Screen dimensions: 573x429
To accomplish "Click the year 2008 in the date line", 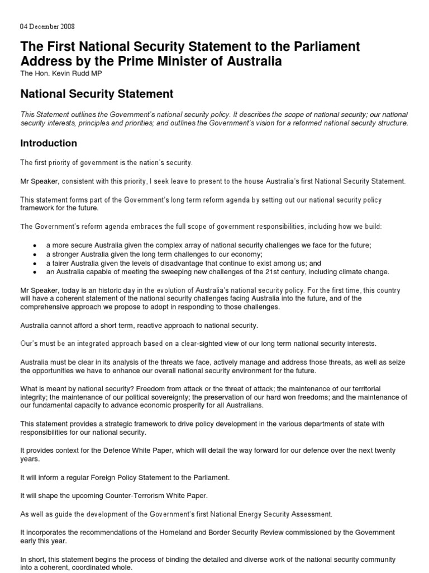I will click(66, 26).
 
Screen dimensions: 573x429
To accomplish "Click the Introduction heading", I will click(49, 143).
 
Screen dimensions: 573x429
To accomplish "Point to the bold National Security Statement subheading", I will click(97, 93).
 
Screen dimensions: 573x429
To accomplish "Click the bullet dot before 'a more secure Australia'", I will click(35, 245).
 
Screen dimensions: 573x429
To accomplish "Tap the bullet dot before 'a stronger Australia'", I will click(35, 254).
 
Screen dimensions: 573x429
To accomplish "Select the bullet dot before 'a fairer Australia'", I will click(35, 263).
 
